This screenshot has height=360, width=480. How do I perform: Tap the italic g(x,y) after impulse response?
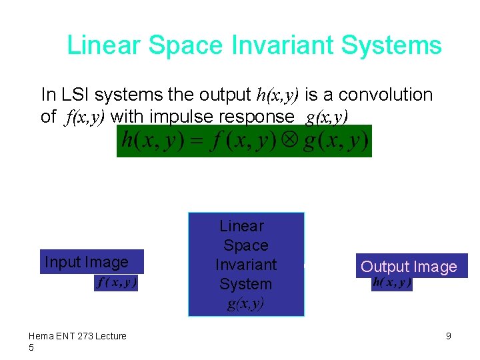327,117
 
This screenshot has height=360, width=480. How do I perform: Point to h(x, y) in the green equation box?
153,141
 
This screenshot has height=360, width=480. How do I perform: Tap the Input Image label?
86,262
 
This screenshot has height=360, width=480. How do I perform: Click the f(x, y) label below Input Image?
117,283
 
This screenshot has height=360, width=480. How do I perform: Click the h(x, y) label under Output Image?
392,283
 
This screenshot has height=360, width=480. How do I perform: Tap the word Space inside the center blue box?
245,245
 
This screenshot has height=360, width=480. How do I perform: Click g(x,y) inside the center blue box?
245,304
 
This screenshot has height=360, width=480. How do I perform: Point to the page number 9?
448,336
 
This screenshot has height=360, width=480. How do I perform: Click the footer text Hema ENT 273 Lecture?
77,336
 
